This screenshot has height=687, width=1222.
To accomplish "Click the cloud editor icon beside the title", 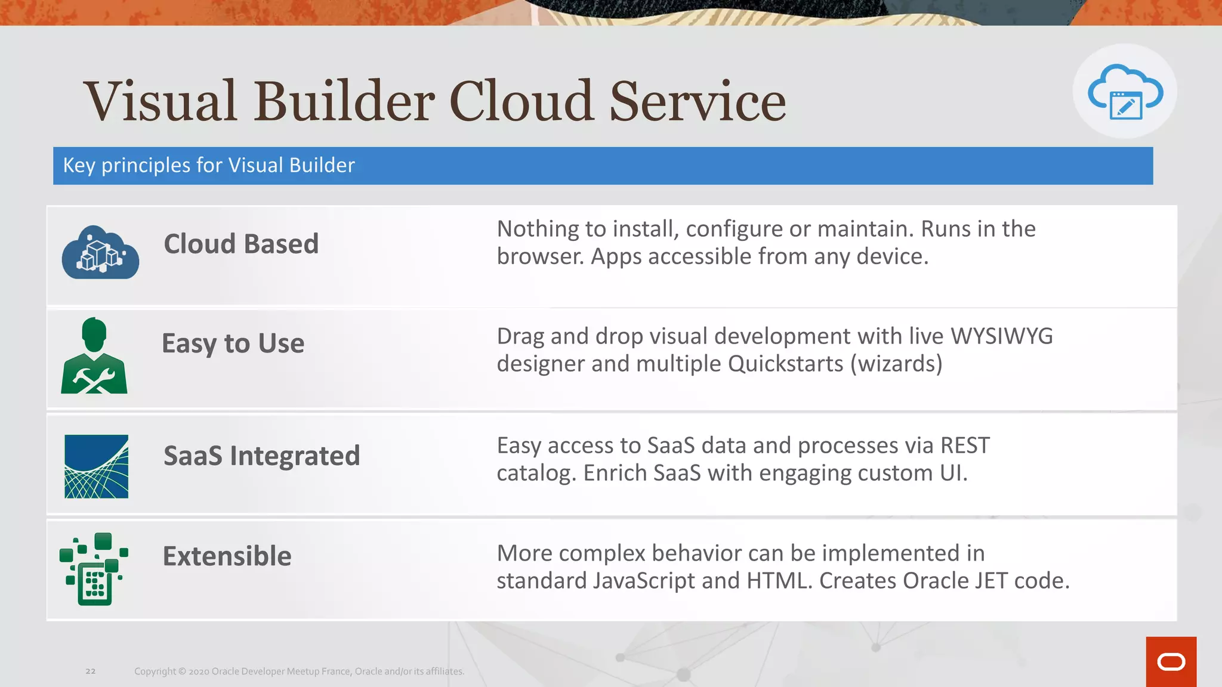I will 1125,92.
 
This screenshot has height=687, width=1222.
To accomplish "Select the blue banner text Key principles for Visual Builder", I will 209,165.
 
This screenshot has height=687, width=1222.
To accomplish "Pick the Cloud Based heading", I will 241,244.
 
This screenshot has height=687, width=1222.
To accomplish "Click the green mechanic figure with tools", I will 94,357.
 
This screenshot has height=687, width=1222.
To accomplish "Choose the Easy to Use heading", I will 233,343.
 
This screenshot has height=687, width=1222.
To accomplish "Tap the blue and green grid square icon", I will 96,466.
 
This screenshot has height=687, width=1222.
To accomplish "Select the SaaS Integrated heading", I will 261,456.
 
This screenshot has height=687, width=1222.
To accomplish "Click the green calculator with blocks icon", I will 94,569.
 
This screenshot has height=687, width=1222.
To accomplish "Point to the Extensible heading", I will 227,556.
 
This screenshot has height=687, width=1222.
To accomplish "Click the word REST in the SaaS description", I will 965,445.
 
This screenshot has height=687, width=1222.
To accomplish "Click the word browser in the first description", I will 539,256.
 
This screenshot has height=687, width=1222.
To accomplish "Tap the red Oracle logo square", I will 1171,661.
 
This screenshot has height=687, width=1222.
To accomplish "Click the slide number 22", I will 91,671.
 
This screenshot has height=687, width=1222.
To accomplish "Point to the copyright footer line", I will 299,671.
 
